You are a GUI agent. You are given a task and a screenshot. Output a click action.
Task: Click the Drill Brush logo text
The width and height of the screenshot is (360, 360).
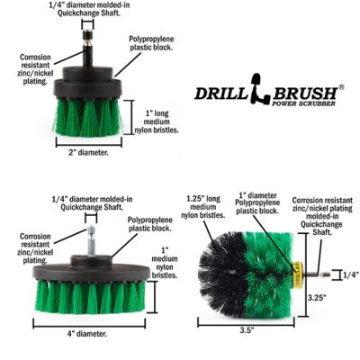267,93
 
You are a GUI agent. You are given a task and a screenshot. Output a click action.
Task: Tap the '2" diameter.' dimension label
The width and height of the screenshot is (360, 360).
89,153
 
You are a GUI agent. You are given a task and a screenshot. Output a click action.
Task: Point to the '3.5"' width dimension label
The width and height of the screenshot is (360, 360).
248,329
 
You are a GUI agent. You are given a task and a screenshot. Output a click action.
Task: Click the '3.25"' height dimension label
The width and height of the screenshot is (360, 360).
317,295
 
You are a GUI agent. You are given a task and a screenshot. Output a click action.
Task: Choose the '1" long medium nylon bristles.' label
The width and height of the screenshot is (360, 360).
162,121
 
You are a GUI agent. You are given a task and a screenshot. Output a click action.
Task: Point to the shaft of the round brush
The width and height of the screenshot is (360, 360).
312,272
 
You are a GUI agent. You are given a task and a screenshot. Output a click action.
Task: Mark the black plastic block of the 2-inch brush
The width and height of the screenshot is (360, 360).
88,87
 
